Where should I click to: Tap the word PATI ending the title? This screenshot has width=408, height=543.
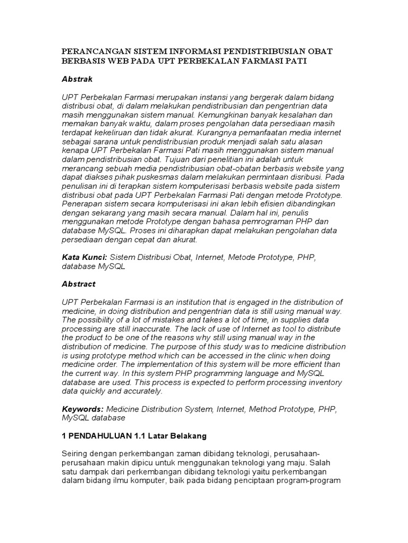(296, 61)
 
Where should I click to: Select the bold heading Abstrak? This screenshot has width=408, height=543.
(78, 79)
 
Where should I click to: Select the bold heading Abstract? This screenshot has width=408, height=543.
(79, 284)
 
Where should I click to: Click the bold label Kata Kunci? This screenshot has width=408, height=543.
(84, 257)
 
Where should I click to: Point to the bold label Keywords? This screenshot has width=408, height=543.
(83, 409)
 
